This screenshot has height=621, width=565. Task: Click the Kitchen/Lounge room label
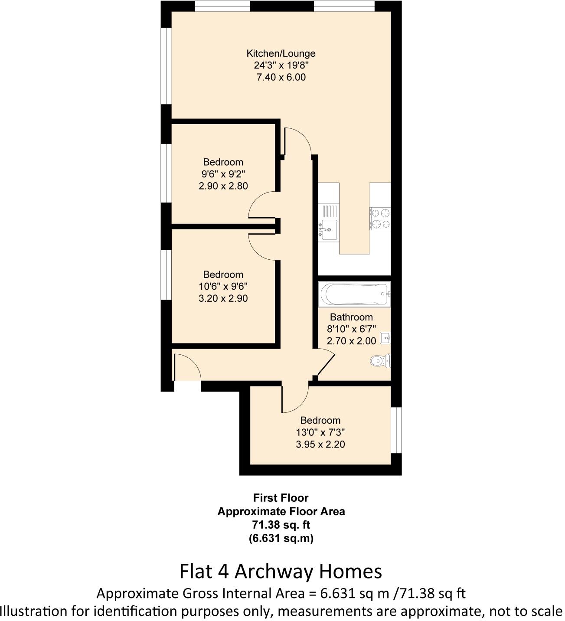(281, 53)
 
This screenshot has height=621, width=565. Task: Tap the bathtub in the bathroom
(354, 294)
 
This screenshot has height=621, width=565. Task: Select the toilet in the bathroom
(380, 360)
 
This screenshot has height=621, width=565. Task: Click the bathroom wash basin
(385, 338)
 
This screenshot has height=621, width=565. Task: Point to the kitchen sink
(328, 228)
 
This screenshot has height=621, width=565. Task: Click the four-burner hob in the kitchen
(380, 218)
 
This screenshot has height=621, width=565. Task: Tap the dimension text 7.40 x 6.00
(281, 77)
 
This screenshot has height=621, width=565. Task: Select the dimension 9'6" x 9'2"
(223, 174)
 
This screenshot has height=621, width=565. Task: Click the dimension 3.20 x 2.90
(223, 298)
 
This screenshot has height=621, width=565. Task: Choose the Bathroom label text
(351, 317)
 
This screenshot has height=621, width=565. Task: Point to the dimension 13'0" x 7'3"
(320, 432)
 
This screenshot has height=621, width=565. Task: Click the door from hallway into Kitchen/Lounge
(298, 141)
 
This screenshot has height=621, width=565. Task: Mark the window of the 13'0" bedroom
(396, 430)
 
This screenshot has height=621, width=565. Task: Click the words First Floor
(281, 498)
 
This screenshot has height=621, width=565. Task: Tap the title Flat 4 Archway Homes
(281, 571)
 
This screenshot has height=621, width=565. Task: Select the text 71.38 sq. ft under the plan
(281, 525)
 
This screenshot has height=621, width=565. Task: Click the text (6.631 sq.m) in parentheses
(281, 538)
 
